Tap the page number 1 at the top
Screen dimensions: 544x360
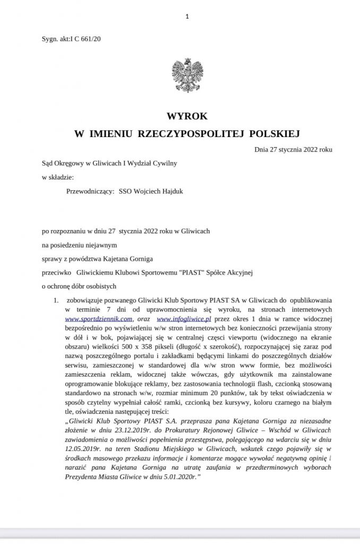coord(187,16)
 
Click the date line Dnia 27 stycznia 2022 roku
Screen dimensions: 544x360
coord(293,150)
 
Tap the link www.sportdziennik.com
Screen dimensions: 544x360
coord(98,319)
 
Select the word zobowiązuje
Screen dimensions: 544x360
coord(85,300)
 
